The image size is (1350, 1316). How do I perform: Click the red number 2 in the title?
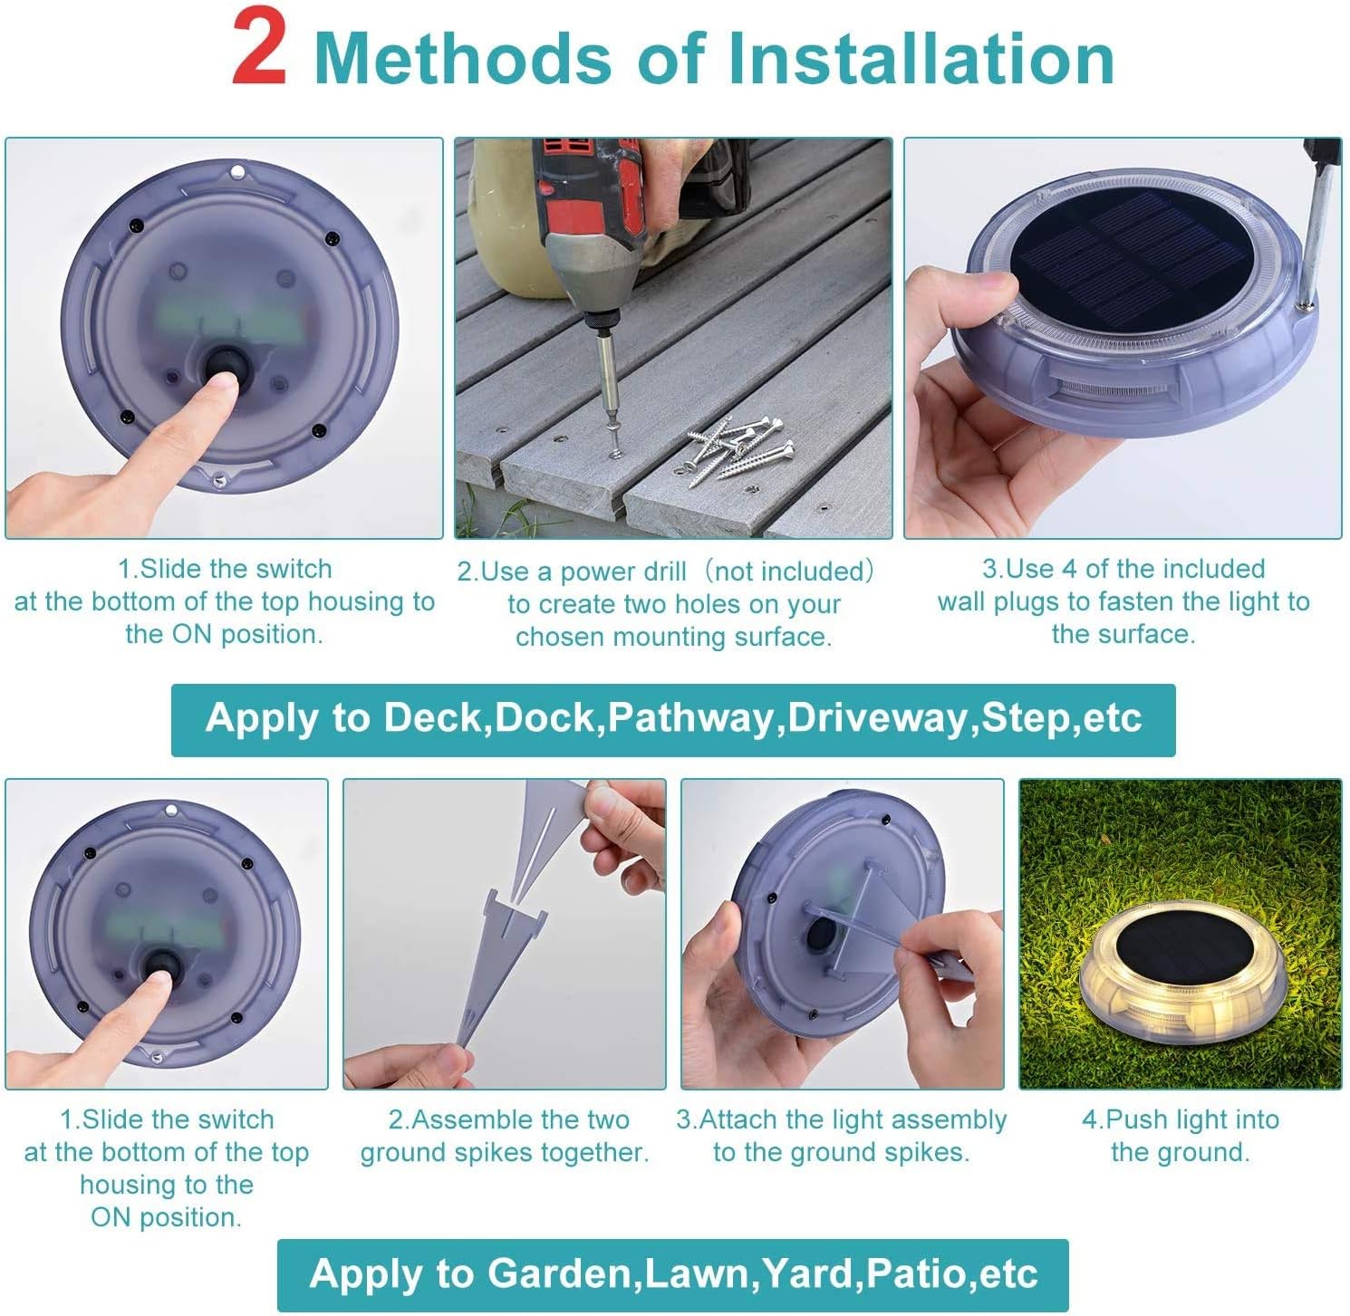(x=259, y=53)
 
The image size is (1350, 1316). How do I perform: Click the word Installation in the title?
(x=921, y=58)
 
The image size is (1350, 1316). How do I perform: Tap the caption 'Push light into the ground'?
(x=1180, y=1136)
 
